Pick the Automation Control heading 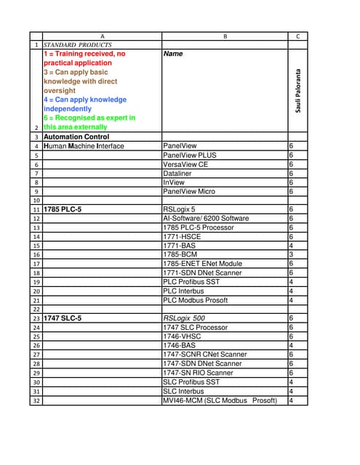(76, 137)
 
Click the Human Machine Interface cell (84, 146)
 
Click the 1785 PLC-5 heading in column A (63, 209)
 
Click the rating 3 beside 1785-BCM (291, 254)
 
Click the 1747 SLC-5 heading (63, 318)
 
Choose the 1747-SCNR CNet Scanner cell (204, 355)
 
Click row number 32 (36, 400)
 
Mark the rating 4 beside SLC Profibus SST (291, 382)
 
